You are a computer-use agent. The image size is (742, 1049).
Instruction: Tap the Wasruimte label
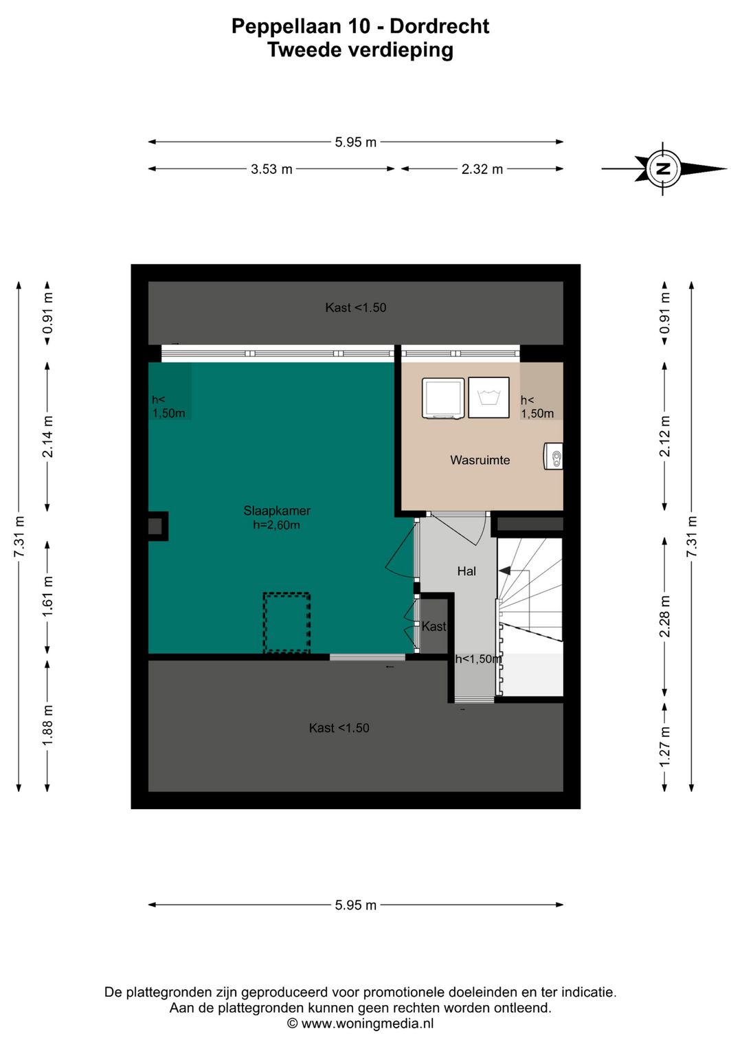(x=480, y=460)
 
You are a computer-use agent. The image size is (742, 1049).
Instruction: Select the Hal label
(x=466, y=571)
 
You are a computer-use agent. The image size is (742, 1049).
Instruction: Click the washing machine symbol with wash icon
(x=488, y=397)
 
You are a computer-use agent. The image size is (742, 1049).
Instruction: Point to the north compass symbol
(x=664, y=168)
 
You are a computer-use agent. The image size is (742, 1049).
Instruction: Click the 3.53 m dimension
(x=271, y=169)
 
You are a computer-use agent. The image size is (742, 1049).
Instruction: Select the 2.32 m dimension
(x=482, y=169)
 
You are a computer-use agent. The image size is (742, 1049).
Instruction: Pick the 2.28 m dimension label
(x=664, y=617)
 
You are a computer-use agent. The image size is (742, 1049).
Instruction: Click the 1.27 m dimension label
(x=664, y=746)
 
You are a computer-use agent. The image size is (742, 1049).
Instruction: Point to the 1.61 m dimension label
(x=47, y=597)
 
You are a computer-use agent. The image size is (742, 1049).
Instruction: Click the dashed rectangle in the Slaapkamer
(x=286, y=623)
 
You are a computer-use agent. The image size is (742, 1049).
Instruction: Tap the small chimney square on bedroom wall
(x=157, y=527)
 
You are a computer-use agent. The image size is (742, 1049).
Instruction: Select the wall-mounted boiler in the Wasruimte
(x=553, y=456)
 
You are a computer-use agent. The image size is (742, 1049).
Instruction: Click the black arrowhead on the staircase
(x=505, y=571)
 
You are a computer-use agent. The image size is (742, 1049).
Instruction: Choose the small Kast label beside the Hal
(x=434, y=626)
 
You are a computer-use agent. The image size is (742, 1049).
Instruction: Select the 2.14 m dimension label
(x=47, y=437)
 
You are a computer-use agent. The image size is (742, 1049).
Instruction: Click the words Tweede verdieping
(x=360, y=50)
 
